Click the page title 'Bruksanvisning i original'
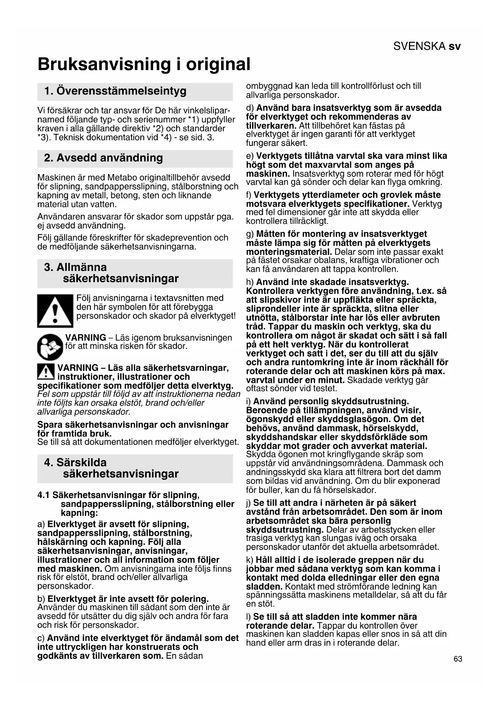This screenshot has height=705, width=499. [144, 64]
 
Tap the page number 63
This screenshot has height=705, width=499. [458, 659]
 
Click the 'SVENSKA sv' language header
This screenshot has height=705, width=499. [427, 46]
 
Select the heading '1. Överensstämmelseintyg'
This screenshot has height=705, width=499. [115, 91]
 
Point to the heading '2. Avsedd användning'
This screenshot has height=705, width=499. [103, 158]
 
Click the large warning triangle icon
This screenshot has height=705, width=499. [55, 311]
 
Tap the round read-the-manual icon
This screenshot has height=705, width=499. [50, 346]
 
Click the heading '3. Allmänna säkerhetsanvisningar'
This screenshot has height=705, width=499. [111, 273]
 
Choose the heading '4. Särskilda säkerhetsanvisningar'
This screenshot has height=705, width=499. [111, 468]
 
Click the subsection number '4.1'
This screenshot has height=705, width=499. [43, 495]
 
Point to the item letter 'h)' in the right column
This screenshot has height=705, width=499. [250, 282]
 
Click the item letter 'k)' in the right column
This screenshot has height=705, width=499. [250, 560]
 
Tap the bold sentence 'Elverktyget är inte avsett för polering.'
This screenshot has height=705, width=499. [128, 599]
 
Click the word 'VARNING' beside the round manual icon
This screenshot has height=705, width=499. [86, 338]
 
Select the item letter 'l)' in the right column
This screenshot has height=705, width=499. [248, 617]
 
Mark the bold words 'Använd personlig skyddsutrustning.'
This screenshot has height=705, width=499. [331, 401]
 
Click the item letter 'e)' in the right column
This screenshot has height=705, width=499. [250, 156]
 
